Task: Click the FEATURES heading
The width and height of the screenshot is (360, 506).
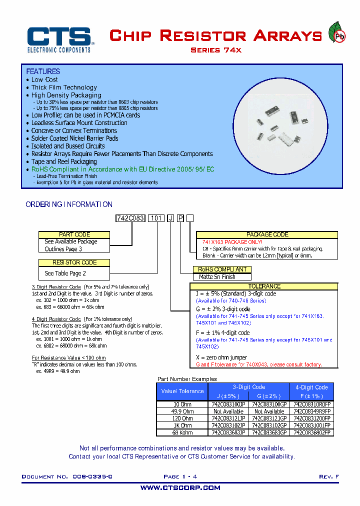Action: [x=43, y=71]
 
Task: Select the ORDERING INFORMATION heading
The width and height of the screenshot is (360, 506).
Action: [x=69, y=204]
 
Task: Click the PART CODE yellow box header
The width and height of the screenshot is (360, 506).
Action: [x=74, y=234]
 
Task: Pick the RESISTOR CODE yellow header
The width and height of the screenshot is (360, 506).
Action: [x=74, y=262]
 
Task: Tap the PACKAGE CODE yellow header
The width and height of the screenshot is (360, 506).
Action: [x=267, y=234]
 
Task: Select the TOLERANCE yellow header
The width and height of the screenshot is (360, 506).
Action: [x=264, y=286]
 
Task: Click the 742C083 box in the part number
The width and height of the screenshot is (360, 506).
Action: [x=130, y=218]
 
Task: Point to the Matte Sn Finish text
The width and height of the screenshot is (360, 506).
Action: [x=217, y=277]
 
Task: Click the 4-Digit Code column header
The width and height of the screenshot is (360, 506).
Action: [x=311, y=387]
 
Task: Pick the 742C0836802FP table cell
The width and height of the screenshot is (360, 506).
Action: [x=312, y=432]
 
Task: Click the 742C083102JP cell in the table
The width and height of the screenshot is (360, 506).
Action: [x=228, y=425]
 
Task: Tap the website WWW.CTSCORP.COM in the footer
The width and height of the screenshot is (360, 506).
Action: [x=180, y=488]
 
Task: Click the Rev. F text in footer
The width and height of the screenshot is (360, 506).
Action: [x=329, y=477]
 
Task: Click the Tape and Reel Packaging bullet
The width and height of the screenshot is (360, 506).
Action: [x=64, y=162]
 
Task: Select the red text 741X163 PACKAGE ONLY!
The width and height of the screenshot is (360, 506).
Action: [x=229, y=242]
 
